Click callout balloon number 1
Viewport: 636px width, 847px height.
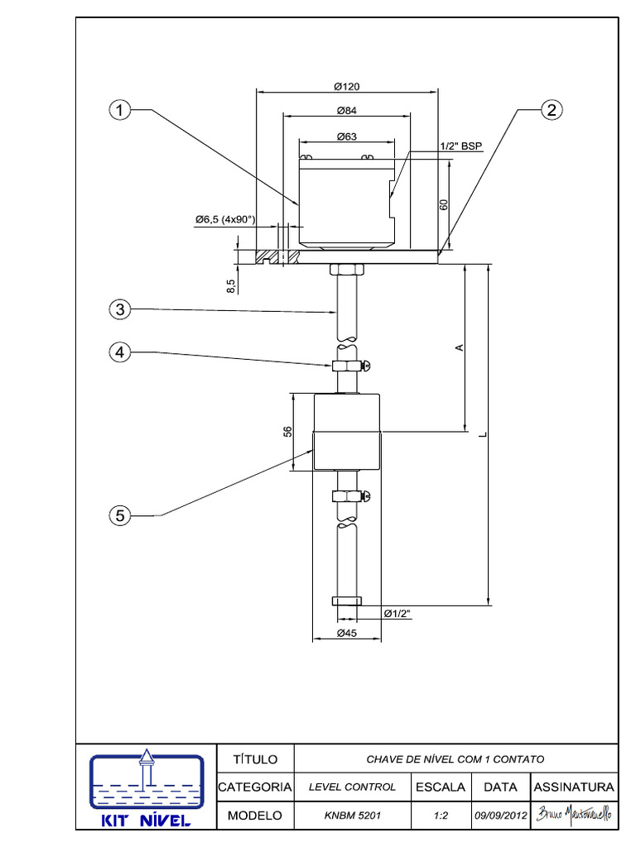click(x=119, y=110)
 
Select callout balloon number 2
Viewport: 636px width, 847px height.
click(x=551, y=110)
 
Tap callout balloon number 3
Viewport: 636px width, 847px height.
click(x=119, y=309)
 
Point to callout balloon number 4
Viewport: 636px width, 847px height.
click(x=119, y=352)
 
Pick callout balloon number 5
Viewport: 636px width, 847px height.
click(x=119, y=515)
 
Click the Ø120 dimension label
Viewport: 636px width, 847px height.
click(x=347, y=86)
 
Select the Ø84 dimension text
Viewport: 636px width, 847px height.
click(x=347, y=111)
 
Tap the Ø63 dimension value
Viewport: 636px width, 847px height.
click(x=347, y=136)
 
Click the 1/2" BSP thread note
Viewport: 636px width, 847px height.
click(x=460, y=146)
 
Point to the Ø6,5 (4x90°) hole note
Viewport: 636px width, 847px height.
click(x=225, y=219)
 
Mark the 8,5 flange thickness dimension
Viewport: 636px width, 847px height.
click(x=232, y=285)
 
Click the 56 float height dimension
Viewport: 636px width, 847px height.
click(x=287, y=432)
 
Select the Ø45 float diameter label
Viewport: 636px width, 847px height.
click(x=347, y=633)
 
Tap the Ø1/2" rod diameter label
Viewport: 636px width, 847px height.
click(x=397, y=613)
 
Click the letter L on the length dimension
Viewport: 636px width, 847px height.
click(x=484, y=434)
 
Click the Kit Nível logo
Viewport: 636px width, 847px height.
click(x=147, y=788)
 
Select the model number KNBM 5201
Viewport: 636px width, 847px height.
click(x=353, y=815)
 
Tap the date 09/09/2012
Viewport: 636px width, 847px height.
click(x=501, y=815)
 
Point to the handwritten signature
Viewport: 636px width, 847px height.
click(x=574, y=814)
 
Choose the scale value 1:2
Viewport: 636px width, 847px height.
click(x=441, y=815)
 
